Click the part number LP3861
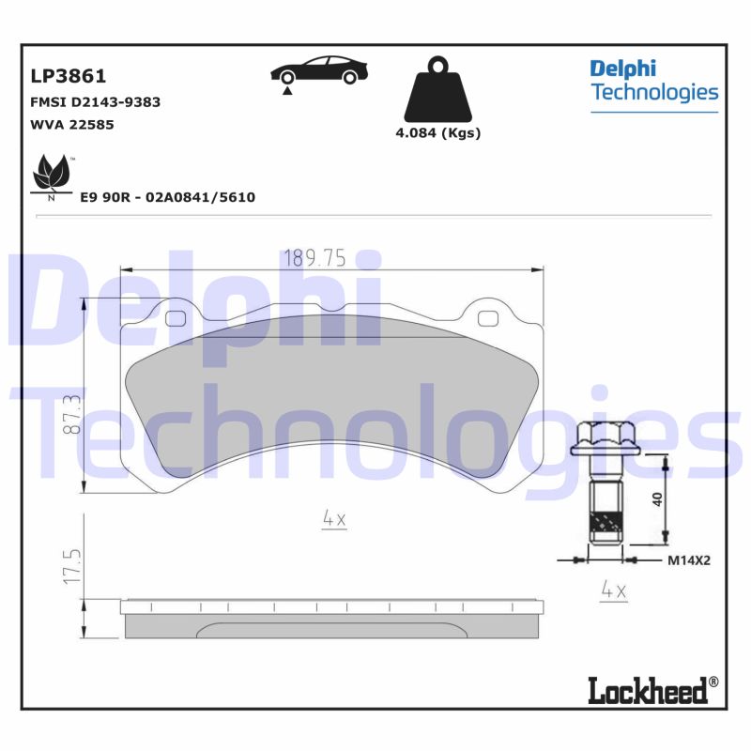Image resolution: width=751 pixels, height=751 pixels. click(69, 76)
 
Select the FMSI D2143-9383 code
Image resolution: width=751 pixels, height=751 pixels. click(96, 101)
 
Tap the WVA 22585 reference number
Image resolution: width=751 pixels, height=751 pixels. click(72, 124)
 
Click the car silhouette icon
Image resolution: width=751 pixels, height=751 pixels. click(319, 73)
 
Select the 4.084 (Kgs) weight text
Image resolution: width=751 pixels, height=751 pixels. click(437, 133)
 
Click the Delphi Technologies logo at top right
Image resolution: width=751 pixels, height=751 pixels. click(653, 82)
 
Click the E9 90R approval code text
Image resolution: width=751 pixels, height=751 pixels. click(168, 198)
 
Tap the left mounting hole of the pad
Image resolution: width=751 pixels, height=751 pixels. click(175, 317)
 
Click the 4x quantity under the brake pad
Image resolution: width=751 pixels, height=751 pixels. click(334, 518)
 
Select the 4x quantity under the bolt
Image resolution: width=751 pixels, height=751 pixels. click(613, 590)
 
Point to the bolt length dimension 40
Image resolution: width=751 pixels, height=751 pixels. click(658, 498)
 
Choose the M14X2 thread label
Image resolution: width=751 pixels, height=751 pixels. click(689, 560)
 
